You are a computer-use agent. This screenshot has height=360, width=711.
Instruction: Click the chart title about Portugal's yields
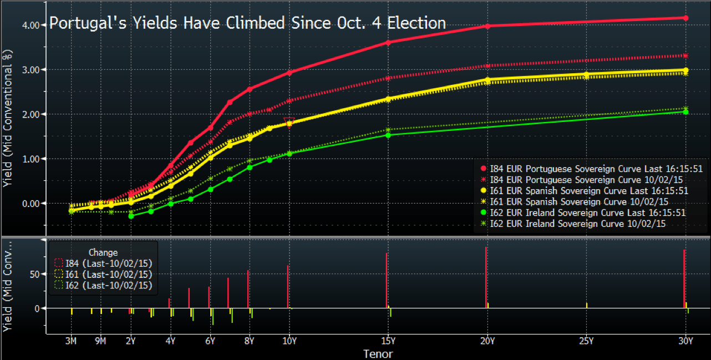(x=247, y=23)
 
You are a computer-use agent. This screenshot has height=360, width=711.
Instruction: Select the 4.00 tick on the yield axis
(x=31, y=25)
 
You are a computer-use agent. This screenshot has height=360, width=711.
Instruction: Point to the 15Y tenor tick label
(x=388, y=341)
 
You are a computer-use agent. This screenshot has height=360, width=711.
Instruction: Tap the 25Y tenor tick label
(x=586, y=341)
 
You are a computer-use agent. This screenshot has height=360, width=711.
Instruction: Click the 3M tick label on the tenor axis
(x=71, y=341)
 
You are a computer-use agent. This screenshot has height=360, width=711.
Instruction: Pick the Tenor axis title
(x=378, y=354)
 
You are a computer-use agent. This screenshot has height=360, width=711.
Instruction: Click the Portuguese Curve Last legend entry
(x=592, y=169)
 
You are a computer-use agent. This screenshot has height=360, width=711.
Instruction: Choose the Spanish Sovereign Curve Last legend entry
(x=585, y=191)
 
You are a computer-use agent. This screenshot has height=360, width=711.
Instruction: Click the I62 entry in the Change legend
(x=104, y=286)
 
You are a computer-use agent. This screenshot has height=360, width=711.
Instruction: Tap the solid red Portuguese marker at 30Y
(x=685, y=18)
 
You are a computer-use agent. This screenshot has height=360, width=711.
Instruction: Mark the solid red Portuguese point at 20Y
(x=487, y=26)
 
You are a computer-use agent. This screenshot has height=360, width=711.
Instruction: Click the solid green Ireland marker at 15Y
(x=388, y=135)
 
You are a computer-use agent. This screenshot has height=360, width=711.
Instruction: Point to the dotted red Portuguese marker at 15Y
(x=388, y=78)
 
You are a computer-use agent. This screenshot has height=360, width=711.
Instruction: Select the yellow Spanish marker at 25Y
(x=586, y=74)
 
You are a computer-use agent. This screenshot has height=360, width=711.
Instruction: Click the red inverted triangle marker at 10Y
(x=289, y=122)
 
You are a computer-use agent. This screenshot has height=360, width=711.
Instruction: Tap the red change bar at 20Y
(x=486, y=277)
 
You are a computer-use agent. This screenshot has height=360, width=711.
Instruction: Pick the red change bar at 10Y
(x=288, y=286)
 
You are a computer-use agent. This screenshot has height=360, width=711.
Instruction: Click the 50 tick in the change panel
(x=34, y=274)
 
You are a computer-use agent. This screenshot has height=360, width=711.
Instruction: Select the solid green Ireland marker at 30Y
(x=685, y=112)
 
